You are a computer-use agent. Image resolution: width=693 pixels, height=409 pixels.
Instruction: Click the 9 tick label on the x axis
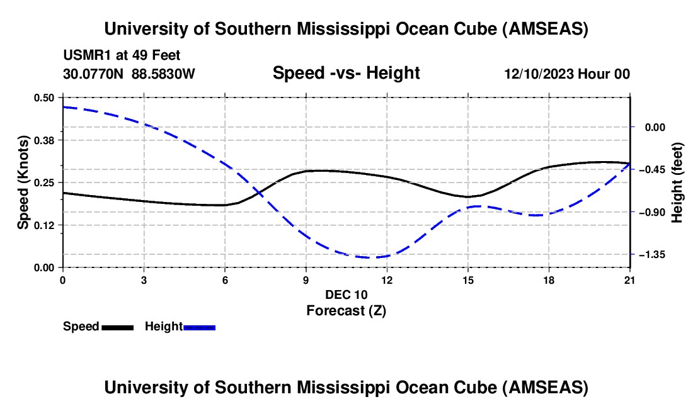(x=306, y=279)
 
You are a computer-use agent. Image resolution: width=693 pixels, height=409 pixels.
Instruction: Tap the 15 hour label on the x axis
(x=468, y=279)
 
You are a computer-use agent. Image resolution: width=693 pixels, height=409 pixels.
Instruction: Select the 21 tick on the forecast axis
(x=630, y=279)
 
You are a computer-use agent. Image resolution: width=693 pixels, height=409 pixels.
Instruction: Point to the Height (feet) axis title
(x=678, y=182)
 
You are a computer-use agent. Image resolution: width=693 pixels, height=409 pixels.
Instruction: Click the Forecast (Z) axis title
(x=346, y=310)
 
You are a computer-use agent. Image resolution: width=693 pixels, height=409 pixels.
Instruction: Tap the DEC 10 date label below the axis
(x=346, y=294)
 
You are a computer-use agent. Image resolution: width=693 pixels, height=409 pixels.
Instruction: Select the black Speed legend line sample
(x=117, y=327)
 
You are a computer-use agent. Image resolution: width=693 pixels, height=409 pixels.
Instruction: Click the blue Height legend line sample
(x=200, y=327)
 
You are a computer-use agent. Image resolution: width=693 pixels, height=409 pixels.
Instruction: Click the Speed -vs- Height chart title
(x=346, y=73)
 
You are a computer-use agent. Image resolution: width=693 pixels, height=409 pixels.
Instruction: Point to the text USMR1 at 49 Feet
(x=122, y=56)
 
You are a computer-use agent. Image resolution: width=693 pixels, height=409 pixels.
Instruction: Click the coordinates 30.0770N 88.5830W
(x=129, y=74)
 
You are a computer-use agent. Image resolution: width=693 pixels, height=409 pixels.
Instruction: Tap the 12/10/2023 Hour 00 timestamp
(x=567, y=74)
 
